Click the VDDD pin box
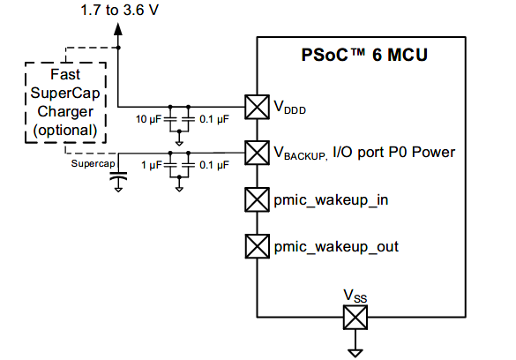click(257, 107)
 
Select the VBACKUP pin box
click(257, 153)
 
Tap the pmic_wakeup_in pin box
click(257, 199)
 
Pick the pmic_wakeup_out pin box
click(257, 246)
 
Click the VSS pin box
click(355, 318)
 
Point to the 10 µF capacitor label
click(148, 119)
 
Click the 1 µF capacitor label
click(152, 165)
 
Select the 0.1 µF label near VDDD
click(214, 119)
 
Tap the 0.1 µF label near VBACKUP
click(214, 165)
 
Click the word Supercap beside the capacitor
click(93, 163)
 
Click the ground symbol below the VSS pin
click(355, 353)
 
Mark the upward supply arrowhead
click(118, 28)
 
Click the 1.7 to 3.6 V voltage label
click(120, 11)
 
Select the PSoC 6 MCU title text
click(364, 55)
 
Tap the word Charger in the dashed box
click(65, 111)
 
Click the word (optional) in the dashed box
click(65, 131)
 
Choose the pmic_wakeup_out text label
click(336, 247)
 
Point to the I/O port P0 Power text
click(394, 152)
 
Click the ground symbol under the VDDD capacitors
click(179, 143)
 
